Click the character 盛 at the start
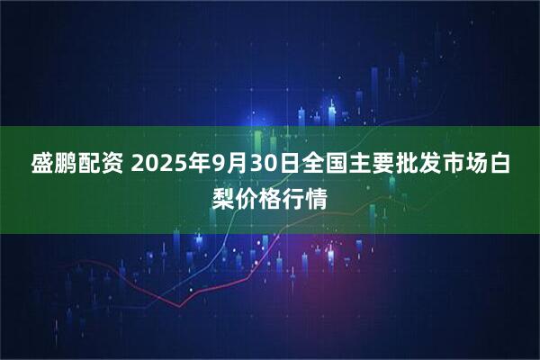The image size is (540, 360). click(x=44, y=165)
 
